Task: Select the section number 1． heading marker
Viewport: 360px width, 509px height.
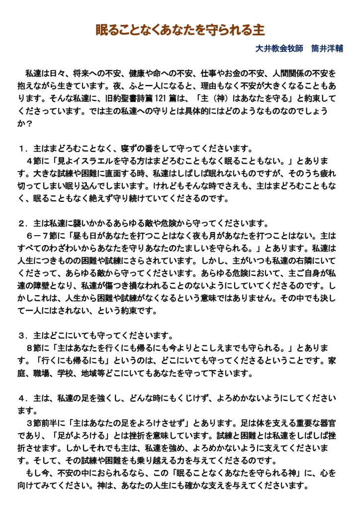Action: (22, 148)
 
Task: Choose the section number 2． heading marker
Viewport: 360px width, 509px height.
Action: (22, 222)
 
